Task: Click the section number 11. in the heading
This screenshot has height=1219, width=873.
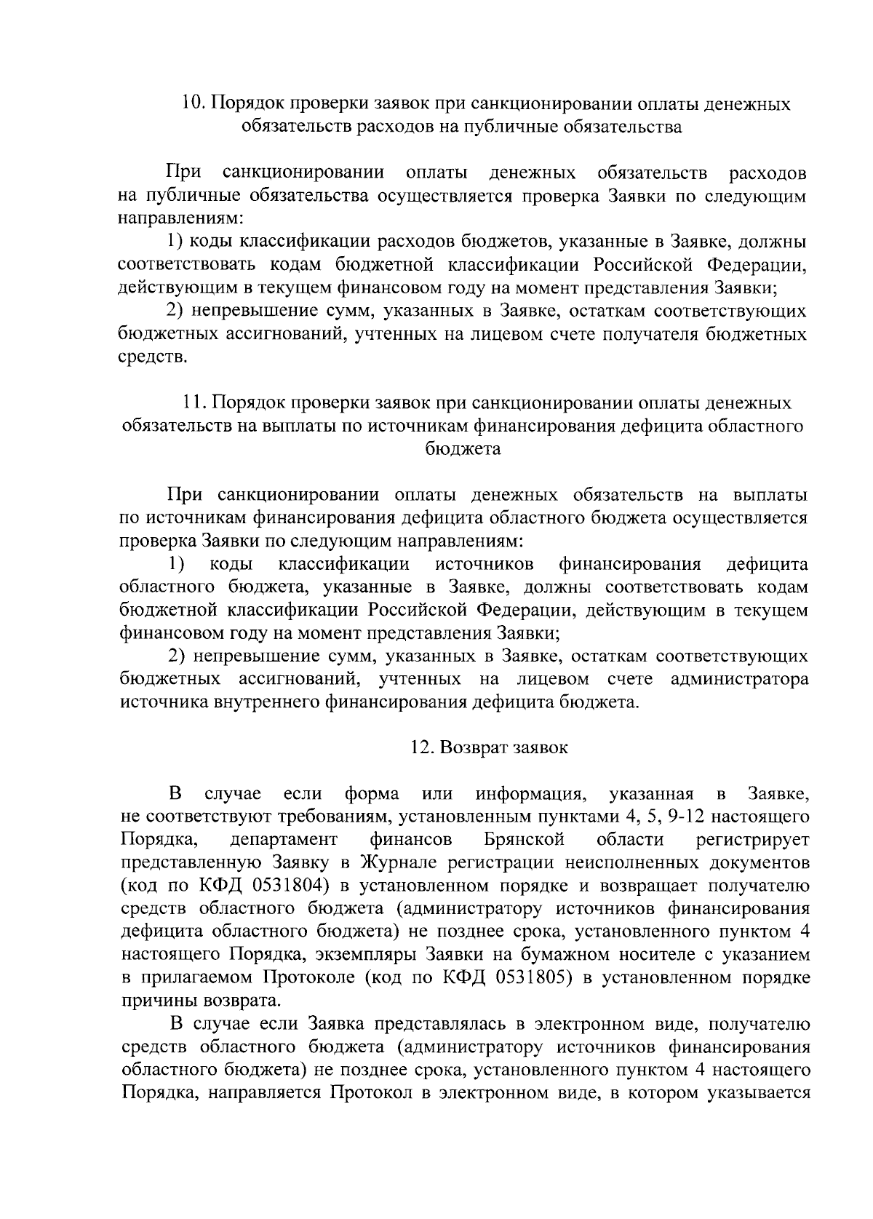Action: [x=194, y=402]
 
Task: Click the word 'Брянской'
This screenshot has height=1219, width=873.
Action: [x=524, y=839]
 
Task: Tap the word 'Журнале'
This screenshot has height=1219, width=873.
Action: [x=395, y=862]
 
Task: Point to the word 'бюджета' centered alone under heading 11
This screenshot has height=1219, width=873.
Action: [x=463, y=449]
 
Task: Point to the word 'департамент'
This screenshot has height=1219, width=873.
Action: [x=284, y=839]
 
